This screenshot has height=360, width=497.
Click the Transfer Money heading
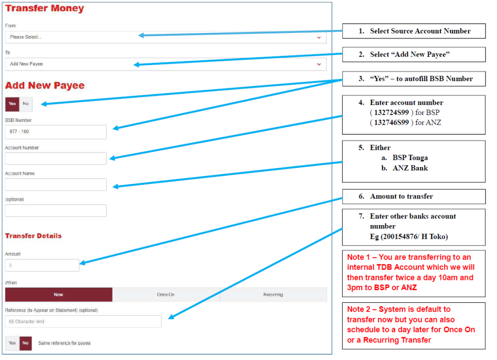coord(44,8)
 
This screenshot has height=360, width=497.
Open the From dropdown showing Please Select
coord(166,37)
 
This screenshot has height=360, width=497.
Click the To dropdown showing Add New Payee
coord(166,64)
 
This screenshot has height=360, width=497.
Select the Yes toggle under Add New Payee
coord(12,104)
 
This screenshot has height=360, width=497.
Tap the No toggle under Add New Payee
coord(26,104)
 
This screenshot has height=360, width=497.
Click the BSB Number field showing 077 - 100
coord(56,132)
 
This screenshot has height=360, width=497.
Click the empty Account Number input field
coord(56,159)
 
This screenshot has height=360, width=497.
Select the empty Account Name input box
coord(56,184)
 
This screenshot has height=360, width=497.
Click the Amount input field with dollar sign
coord(42,265)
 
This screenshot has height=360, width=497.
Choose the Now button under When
coord(59,295)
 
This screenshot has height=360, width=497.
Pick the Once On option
coord(166,295)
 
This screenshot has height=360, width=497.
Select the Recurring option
coord(273,295)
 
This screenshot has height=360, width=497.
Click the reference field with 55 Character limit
coord(83,322)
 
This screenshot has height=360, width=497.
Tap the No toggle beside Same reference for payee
coord(25,343)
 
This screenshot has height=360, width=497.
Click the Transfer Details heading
coord(33,236)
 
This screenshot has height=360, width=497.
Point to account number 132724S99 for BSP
coord(392,113)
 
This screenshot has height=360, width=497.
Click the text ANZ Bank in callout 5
coord(410,168)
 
